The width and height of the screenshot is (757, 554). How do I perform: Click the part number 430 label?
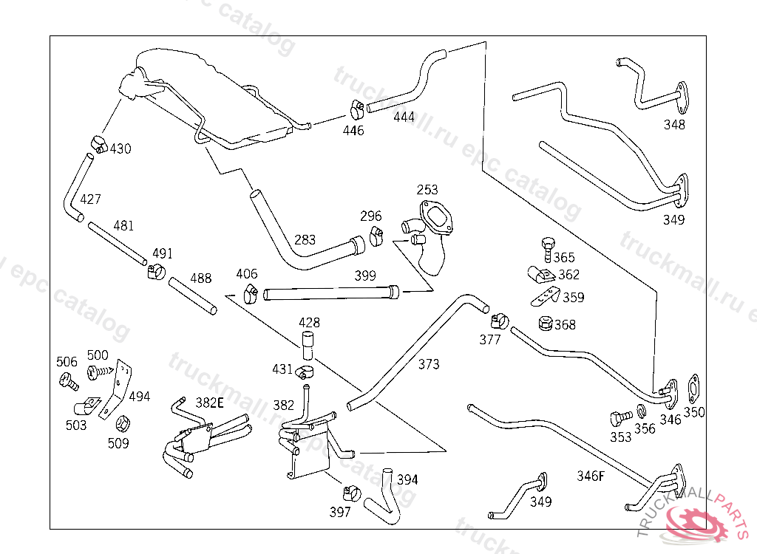click(x=120, y=148)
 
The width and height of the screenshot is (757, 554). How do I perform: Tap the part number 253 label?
click(x=427, y=191)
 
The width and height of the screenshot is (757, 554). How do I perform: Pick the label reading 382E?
click(x=209, y=403)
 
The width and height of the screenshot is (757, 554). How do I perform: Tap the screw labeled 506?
click(x=69, y=381)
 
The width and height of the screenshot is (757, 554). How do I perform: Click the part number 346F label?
click(x=591, y=476)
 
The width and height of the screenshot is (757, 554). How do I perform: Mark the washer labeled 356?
click(x=640, y=411)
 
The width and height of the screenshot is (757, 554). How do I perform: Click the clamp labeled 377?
click(x=498, y=321)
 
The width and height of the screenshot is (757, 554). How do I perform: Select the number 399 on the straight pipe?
click(x=365, y=276)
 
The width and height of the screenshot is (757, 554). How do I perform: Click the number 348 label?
click(x=674, y=125)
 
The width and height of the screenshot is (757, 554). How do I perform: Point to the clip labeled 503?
click(x=86, y=407)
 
